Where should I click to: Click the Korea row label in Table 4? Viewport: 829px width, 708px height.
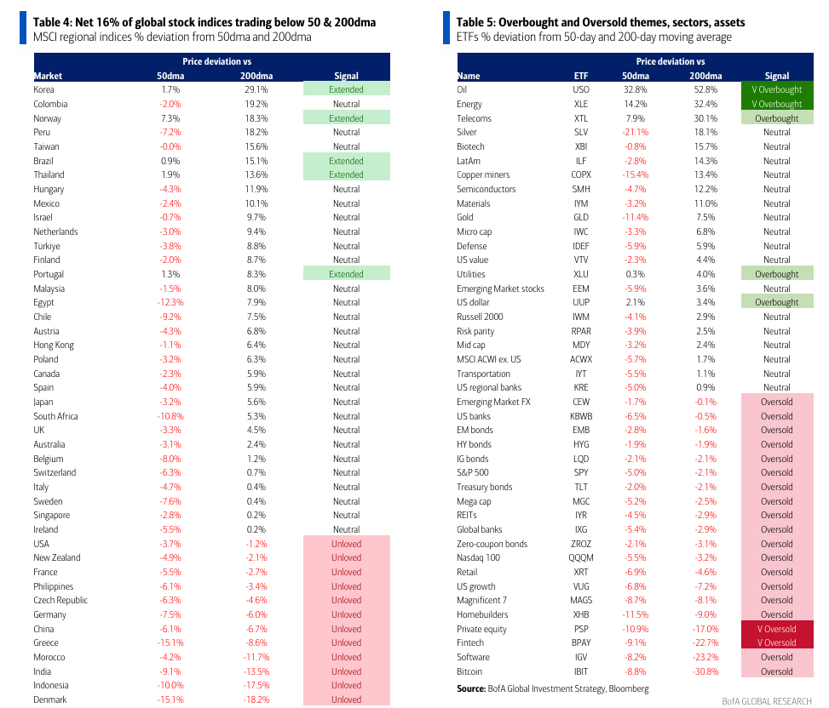(x=44, y=89)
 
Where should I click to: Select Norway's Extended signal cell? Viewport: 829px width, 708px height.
(x=346, y=118)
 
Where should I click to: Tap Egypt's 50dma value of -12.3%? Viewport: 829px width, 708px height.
(x=170, y=302)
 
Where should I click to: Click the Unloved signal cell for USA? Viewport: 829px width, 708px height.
(x=346, y=544)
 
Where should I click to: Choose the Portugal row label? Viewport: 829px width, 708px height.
(x=49, y=274)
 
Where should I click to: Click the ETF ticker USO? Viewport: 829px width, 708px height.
(x=580, y=89)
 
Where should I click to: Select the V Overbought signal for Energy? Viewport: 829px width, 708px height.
(x=776, y=104)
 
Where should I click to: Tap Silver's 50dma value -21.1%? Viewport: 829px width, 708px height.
(x=635, y=132)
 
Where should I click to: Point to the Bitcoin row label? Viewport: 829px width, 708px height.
(x=471, y=671)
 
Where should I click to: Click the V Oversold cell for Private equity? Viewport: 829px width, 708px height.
(x=776, y=629)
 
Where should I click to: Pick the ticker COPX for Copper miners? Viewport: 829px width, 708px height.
(x=580, y=174)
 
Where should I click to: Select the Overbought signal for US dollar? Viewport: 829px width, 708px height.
(x=776, y=302)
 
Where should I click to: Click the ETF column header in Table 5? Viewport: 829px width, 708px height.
(x=580, y=76)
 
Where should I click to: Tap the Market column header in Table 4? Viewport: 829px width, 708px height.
(x=48, y=76)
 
